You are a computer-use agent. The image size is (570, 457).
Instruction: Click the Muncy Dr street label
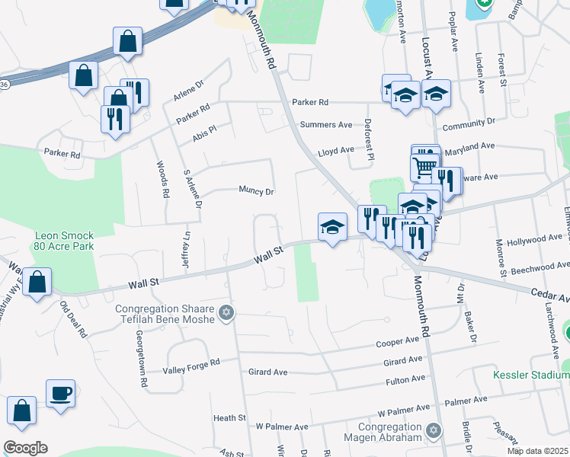coord(256,191)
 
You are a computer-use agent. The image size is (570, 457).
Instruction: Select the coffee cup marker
coord(60,395)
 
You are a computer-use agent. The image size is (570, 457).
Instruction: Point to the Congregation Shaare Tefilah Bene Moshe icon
coord(225,312)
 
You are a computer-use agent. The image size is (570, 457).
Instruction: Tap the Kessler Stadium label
coord(531,375)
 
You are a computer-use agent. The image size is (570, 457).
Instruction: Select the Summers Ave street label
coord(326,124)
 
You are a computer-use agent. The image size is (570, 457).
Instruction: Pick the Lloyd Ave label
coord(336,151)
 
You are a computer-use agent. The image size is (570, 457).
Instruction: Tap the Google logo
coord(25,448)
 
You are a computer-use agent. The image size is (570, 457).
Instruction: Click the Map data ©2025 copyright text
coord(537,451)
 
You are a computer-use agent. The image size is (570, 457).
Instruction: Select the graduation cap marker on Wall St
coord(332,228)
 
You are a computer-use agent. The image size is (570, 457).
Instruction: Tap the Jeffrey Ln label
coord(184,229)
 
